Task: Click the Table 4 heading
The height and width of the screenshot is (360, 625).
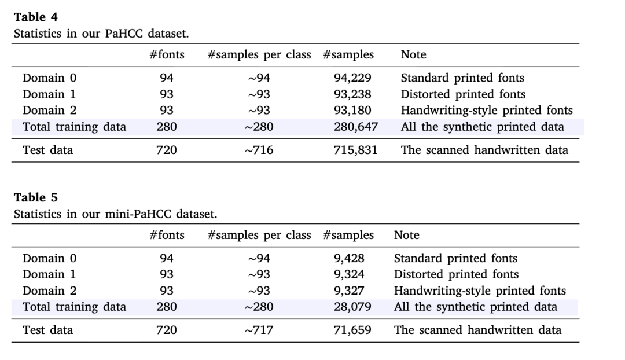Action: pos(36,17)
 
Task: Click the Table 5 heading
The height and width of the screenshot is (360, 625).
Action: pos(36,198)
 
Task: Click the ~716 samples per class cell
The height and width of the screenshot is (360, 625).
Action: pos(259,150)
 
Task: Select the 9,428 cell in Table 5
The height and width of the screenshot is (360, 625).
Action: pos(349,258)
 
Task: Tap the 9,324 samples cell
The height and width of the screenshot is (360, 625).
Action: pos(349,274)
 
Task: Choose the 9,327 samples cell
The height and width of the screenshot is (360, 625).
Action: pos(349,291)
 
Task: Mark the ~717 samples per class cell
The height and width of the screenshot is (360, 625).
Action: pos(259,330)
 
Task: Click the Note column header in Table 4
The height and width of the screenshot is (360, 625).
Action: pos(413,55)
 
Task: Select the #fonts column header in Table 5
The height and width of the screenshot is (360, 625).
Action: pos(167,235)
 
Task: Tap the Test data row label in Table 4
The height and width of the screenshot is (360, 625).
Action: pos(48,150)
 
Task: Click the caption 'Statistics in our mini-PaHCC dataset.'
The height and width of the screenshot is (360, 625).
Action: pos(115,214)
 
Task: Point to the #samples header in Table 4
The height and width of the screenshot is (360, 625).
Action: pos(348,55)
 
